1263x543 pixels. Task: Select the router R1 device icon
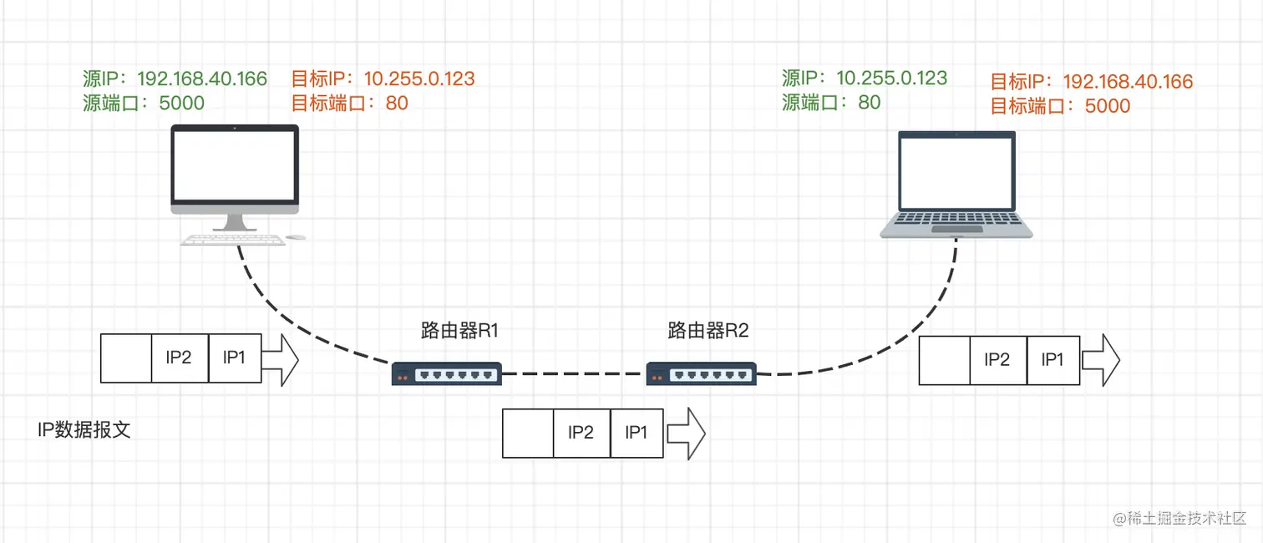coord(446,373)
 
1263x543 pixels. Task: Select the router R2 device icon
coord(702,373)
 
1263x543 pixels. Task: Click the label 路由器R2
coord(708,330)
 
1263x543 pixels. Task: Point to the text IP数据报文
coord(84,430)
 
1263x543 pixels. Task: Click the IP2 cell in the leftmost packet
coord(179,358)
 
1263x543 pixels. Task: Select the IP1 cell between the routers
coord(637,433)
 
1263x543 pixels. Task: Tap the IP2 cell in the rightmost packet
coord(997,360)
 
